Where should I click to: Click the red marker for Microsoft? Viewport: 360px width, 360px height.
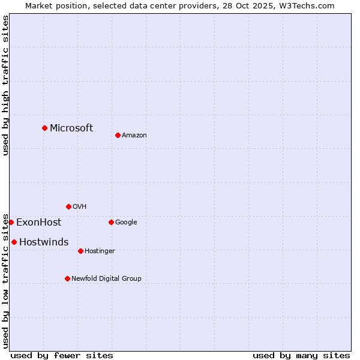coord(44,128)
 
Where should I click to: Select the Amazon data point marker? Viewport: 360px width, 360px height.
coord(118,135)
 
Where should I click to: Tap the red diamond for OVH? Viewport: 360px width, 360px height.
coord(68,206)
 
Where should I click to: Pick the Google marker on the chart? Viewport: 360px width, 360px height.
coord(111,222)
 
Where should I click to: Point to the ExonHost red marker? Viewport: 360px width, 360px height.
coord(11,222)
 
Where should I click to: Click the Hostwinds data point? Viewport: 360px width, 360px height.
coord(14,242)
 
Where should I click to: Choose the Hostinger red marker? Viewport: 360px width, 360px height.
coord(80,251)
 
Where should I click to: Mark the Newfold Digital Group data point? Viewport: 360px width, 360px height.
coord(67,278)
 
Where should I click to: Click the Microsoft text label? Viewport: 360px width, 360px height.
coord(71,128)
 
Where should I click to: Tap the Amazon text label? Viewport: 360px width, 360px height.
coord(134,135)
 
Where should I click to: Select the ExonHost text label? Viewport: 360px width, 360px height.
coord(38,222)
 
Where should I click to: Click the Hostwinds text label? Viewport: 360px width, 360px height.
coord(44,242)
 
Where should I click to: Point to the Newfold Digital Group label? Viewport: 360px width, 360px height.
coord(106,278)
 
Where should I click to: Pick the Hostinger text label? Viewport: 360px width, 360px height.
coord(100,251)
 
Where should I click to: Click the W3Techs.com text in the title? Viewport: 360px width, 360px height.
coord(307,5)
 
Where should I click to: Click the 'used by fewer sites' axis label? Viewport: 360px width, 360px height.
coord(62,355)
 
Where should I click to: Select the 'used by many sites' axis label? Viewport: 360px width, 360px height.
coord(301,355)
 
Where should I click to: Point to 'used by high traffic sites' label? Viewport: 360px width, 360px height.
coord(5,85)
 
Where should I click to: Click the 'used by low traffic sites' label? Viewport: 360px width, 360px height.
coord(5,281)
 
